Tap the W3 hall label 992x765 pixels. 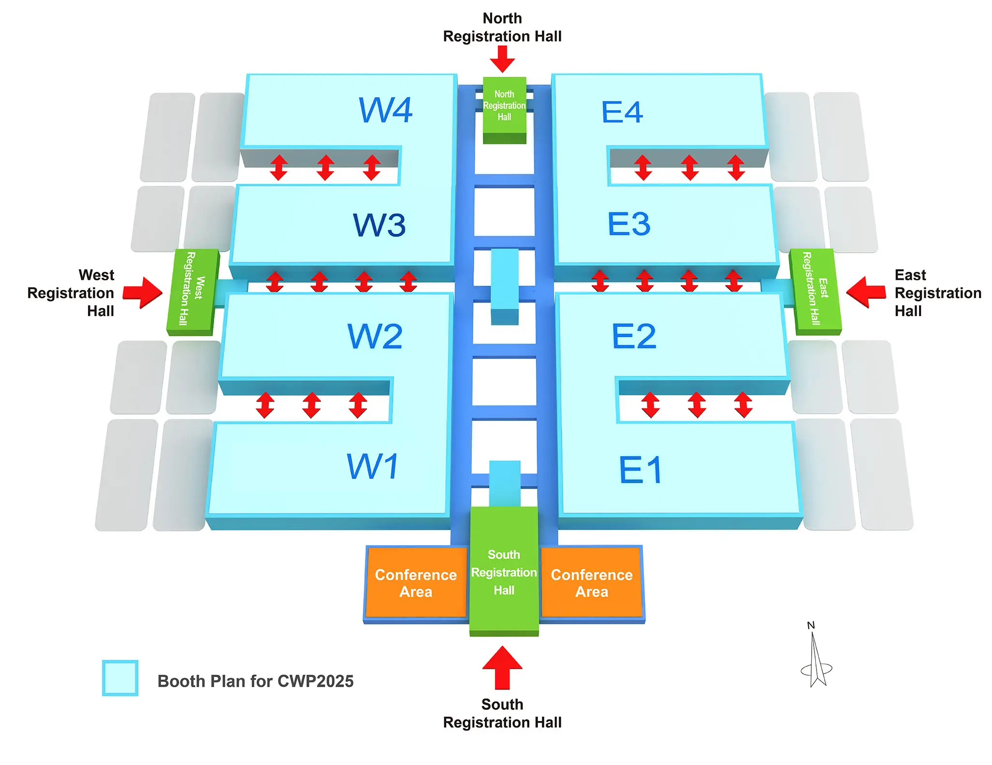[x=379, y=225]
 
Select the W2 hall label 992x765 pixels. [x=375, y=336]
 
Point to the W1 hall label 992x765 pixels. [x=373, y=466]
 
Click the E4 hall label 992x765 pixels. [x=622, y=112]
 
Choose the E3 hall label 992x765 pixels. [x=629, y=224]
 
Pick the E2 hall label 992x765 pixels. [x=634, y=336]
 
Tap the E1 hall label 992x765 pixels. [x=641, y=470]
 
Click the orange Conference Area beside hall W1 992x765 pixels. [x=416, y=583]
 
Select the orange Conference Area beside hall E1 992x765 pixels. [x=592, y=583]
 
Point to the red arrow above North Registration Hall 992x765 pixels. [x=502, y=59]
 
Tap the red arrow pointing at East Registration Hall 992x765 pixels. [x=866, y=292]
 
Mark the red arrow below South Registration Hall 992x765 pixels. [x=502, y=668]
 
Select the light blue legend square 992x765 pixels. [x=120, y=678]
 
